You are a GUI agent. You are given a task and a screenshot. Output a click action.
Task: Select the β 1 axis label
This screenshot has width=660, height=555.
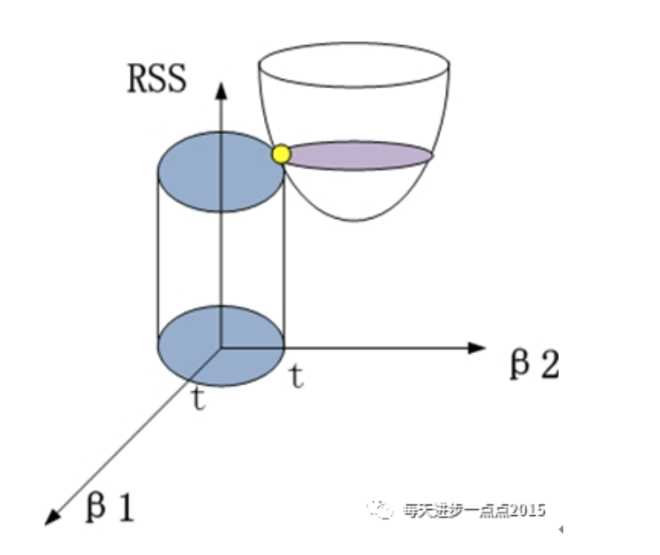(109, 507)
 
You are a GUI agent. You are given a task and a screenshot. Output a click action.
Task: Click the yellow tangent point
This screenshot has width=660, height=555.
(281, 154)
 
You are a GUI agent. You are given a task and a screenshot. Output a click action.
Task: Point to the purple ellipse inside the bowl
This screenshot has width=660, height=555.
(361, 155)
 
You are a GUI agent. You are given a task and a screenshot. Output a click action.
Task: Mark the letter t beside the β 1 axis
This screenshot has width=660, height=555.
(199, 399)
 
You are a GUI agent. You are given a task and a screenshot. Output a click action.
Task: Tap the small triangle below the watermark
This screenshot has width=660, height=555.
(561, 529)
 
